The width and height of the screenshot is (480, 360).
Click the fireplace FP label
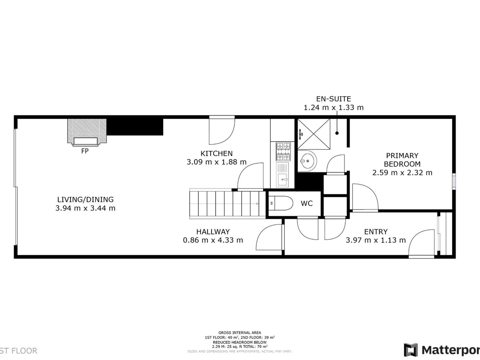click(84, 152)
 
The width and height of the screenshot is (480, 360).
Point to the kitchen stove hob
click(282, 152)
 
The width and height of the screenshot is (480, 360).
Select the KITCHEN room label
click(216, 154)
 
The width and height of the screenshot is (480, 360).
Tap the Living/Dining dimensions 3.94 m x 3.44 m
click(86, 208)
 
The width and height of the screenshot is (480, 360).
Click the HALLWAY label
click(213, 232)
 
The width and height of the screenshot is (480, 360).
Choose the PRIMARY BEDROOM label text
click(402, 160)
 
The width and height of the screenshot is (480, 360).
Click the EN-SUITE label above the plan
click(334, 98)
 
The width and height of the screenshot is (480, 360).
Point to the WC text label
click(307, 204)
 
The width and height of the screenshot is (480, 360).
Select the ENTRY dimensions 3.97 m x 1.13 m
click(376, 240)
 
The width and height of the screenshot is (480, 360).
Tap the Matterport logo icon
click(411, 350)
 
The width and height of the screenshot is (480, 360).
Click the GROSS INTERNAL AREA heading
click(240, 333)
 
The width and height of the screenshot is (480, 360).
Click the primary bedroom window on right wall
click(454, 180)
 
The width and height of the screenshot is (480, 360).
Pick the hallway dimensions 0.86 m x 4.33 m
click(213, 240)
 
